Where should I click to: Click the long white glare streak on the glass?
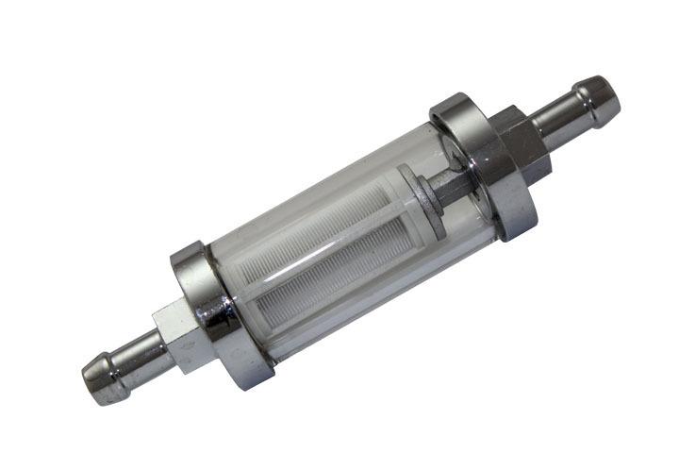311,193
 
